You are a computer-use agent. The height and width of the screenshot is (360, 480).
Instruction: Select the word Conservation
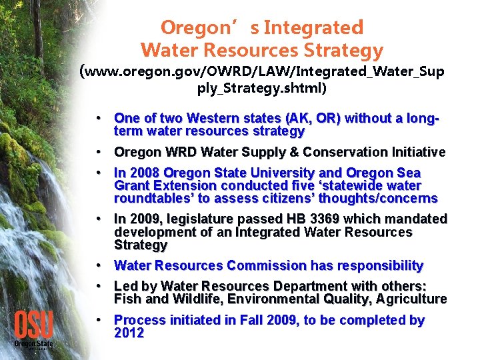(x=346, y=152)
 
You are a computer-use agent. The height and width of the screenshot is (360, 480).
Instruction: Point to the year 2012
(x=129, y=333)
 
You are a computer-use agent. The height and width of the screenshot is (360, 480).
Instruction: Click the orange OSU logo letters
(x=33, y=324)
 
